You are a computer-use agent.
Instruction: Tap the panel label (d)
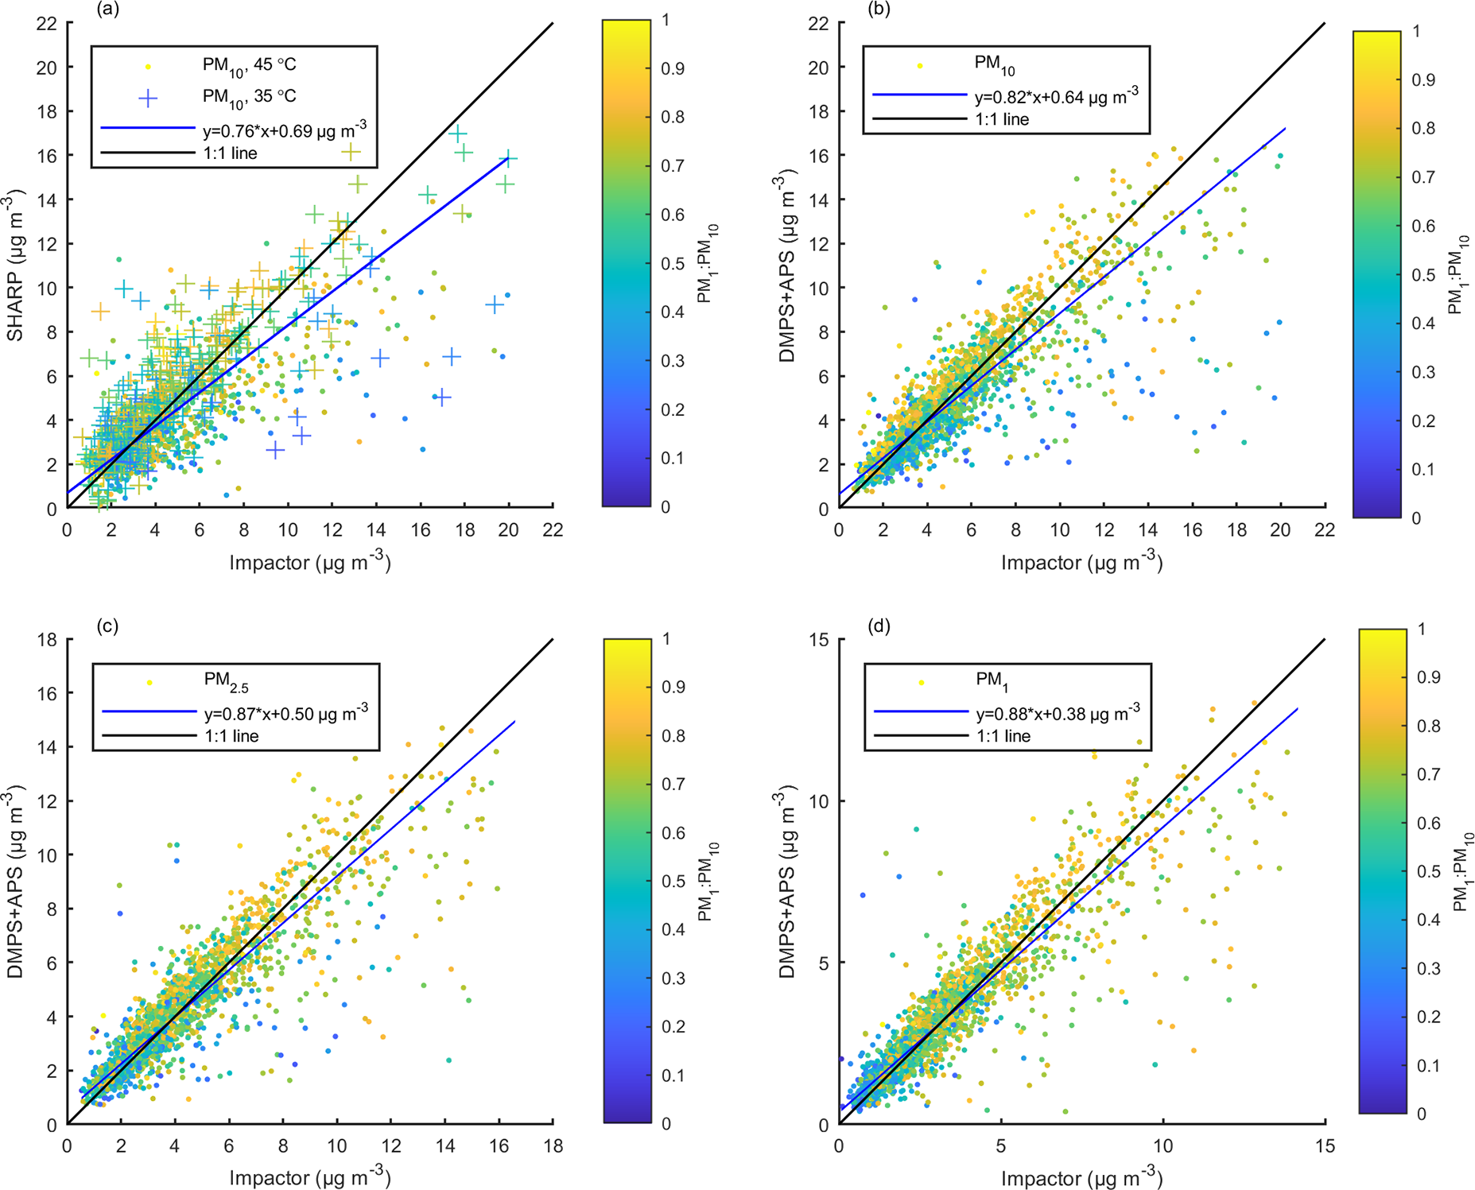(880, 626)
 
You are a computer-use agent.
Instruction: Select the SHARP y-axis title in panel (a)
(15, 266)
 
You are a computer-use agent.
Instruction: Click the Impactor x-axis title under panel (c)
(310, 1177)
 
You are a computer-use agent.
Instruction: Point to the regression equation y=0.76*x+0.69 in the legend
(285, 129)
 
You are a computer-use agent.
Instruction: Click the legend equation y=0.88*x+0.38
(1058, 711)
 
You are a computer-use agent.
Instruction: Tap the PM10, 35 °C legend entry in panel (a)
(249, 96)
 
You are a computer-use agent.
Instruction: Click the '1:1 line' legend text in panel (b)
(1002, 120)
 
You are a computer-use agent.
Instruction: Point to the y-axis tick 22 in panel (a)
(47, 24)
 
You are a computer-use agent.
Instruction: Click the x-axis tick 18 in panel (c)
(553, 1145)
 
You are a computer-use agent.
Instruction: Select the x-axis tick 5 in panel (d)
(1001, 1145)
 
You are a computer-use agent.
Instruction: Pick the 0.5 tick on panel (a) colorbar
(673, 263)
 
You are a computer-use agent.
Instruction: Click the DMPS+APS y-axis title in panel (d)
(787, 881)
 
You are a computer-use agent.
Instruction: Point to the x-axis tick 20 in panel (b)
(1280, 529)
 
